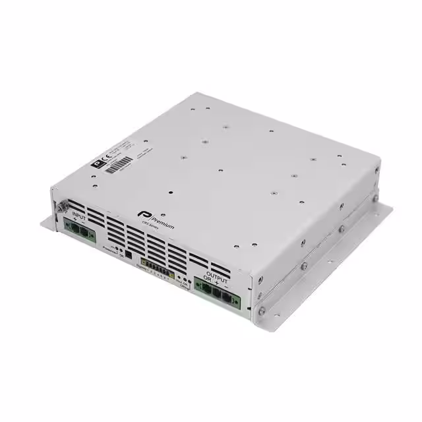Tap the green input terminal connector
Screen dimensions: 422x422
tap(80, 231)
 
